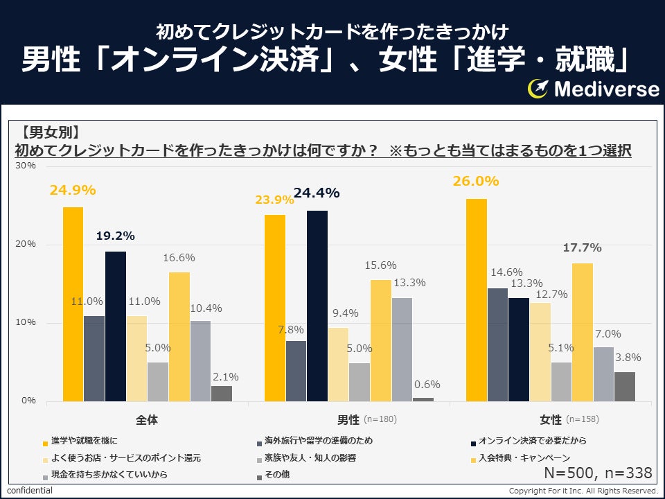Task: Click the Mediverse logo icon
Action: click(x=538, y=88)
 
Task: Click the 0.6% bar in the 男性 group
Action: click(x=423, y=399)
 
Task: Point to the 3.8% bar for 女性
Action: click(x=625, y=386)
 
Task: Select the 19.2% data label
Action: click(x=115, y=236)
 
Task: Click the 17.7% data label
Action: click(x=582, y=247)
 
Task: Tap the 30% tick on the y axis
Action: click(x=26, y=166)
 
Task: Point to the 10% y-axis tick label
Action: click(x=26, y=323)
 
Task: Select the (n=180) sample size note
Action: click(x=380, y=420)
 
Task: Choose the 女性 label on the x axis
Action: click(x=551, y=420)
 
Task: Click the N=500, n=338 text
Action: click(x=598, y=473)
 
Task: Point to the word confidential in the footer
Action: click(x=30, y=491)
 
